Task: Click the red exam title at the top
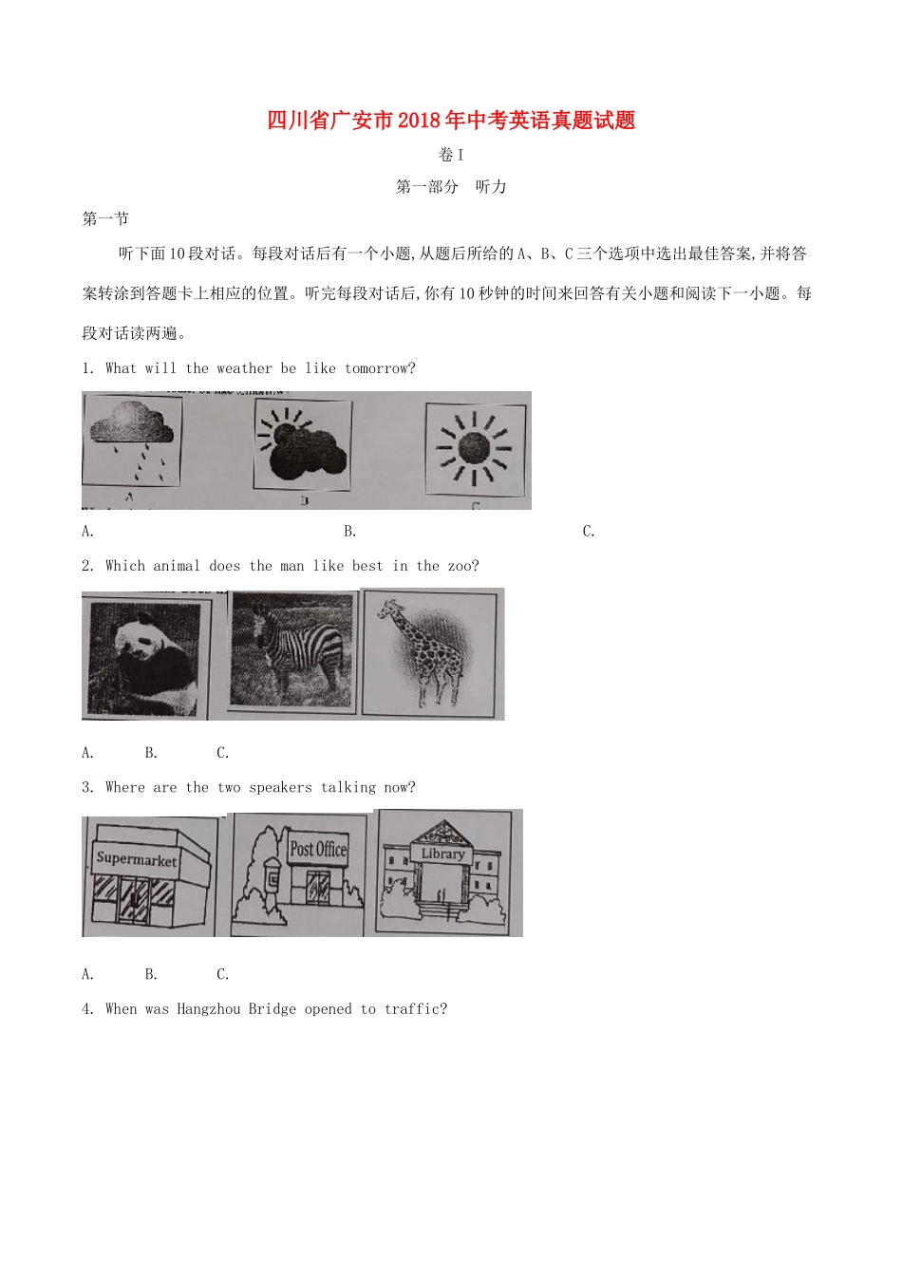pos(451,121)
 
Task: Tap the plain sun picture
pos(474,448)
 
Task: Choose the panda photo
pos(144,656)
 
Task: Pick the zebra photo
pos(293,650)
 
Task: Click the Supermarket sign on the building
pos(137,858)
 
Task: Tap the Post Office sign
pos(318,849)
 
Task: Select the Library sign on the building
pos(443,854)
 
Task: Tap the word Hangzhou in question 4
pos(208,1009)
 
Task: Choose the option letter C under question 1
pos(589,532)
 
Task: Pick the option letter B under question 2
pos(151,753)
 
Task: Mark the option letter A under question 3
pos(87,974)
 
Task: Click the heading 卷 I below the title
pos(451,155)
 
